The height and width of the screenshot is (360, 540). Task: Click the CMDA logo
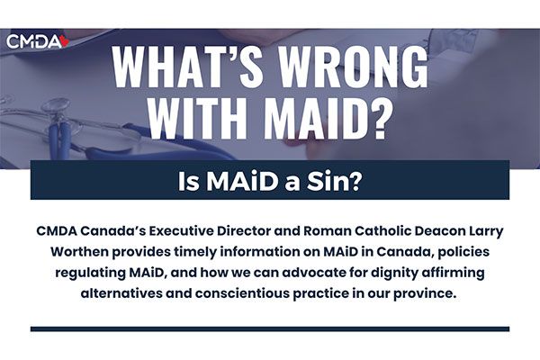pos(38,41)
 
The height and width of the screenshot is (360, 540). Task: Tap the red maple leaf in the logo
pos(65,41)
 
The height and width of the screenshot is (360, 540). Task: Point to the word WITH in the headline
pos(198,117)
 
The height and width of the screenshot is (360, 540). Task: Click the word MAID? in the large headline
pos(330,117)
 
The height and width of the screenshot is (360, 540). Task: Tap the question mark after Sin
pos(355,182)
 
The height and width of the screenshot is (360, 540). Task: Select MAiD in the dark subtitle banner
pos(242,182)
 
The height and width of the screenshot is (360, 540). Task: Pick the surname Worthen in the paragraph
pos(79,251)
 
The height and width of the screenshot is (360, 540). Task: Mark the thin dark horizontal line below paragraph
pos(270,329)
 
